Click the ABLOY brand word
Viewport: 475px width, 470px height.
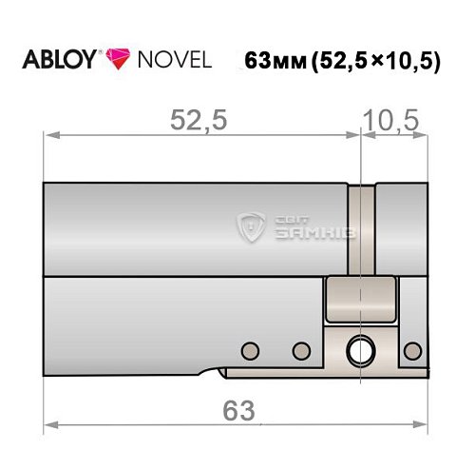59,59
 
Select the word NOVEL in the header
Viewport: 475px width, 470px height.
171,59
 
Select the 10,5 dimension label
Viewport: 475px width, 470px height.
392,121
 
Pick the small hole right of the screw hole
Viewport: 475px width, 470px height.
410,349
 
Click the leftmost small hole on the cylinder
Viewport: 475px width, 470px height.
251,349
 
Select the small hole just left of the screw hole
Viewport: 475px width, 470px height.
301,349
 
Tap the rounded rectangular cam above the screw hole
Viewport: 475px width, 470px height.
360,301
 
